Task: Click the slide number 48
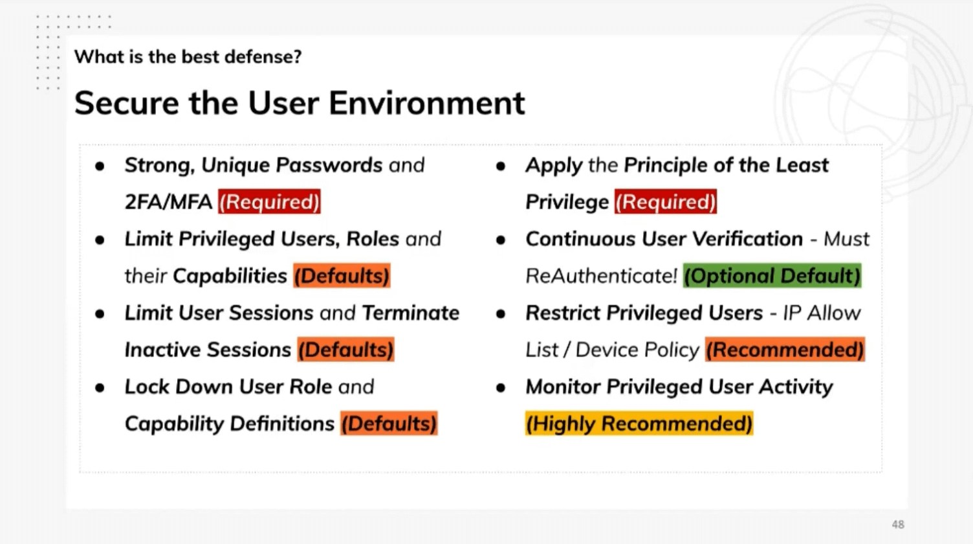(898, 525)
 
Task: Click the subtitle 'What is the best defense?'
(188, 56)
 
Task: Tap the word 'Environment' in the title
(426, 104)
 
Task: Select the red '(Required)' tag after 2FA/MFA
(269, 201)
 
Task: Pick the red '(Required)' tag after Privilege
(666, 201)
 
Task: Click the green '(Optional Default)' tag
(772, 275)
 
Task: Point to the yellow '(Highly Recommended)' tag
(639, 423)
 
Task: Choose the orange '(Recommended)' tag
(785, 349)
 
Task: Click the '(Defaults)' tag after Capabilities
(342, 275)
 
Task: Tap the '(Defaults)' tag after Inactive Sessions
(345, 349)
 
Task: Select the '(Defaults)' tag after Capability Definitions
(389, 423)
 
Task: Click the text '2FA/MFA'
(168, 202)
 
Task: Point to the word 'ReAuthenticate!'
(601, 276)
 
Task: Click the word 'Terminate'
(410, 313)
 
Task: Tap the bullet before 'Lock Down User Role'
(100, 387)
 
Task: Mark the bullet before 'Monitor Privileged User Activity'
(500, 387)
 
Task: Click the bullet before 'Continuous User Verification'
(500, 240)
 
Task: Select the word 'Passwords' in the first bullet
(329, 164)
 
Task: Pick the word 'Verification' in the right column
(747, 239)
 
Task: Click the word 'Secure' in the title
(126, 104)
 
